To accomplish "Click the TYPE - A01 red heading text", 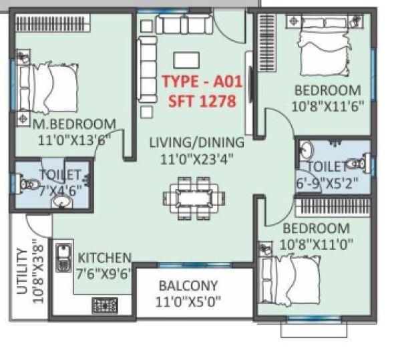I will [201, 83].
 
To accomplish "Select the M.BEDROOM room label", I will [75, 124].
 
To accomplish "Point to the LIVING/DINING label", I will [196, 142].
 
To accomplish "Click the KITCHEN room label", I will [104, 257].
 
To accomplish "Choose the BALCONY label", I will [188, 285].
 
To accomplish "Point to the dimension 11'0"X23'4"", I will [196, 159].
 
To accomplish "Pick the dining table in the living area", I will [189, 197].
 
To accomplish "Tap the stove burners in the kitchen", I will [104, 306].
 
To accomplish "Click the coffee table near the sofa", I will [185, 59].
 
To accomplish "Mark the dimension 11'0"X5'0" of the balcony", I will [188, 302].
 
